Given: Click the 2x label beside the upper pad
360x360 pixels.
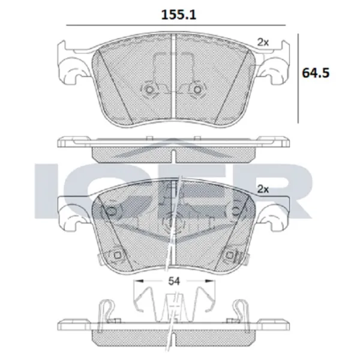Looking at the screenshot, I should pyautogui.click(x=262, y=42).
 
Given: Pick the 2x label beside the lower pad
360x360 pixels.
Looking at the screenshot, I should pyautogui.click(x=262, y=189).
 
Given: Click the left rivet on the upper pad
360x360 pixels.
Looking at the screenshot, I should pyautogui.click(x=149, y=90).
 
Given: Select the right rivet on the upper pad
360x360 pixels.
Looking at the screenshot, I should pyautogui.click(x=195, y=90).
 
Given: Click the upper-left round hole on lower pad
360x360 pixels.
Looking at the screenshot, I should pyautogui.click(x=110, y=211).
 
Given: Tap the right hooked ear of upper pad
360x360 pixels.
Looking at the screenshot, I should pyautogui.click(x=275, y=72).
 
